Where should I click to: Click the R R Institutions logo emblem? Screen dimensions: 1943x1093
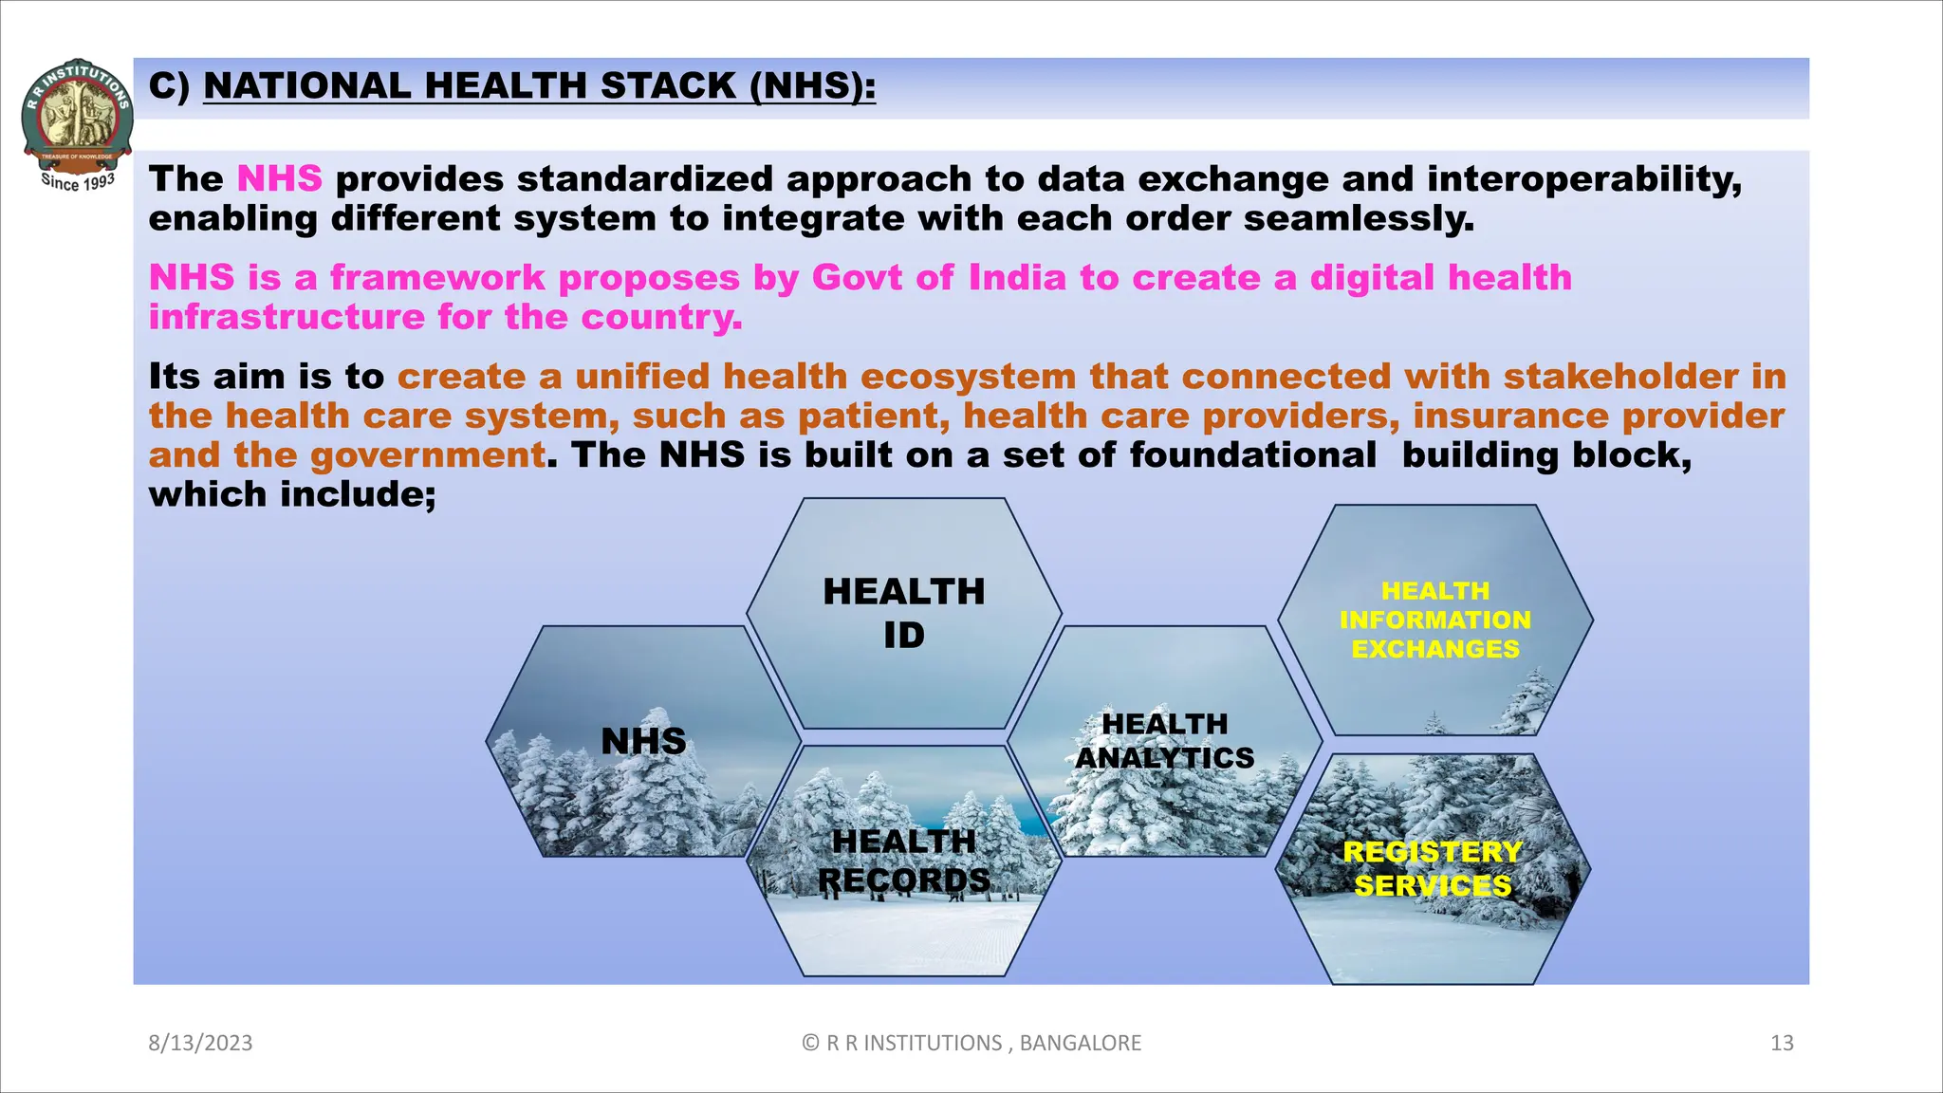coord(77,112)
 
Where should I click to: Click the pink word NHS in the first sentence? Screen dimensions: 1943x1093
coord(279,178)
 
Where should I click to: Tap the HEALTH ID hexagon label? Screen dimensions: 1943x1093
coord(903,613)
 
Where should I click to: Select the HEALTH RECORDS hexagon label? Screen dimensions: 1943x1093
coord(903,861)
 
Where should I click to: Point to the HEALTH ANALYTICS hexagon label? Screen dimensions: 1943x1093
coord(1164,741)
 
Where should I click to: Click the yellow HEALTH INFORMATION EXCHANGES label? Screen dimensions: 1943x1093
coord(1434,620)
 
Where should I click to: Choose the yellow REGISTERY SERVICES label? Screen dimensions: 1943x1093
coord(1433,868)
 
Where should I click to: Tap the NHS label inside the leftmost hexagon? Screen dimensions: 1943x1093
coord(643,741)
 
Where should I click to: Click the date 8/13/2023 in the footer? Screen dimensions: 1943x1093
coord(200,1043)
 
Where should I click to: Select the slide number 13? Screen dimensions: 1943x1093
coord(1782,1043)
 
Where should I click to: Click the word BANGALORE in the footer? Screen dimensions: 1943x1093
coord(1081,1043)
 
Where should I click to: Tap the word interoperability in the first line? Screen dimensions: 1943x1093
coord(1583,178)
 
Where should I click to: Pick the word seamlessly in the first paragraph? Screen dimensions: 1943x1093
coord(1359,218)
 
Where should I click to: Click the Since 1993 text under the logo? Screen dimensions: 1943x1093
coord(78,181)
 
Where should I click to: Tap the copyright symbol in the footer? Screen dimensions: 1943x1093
coord(810,1043)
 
